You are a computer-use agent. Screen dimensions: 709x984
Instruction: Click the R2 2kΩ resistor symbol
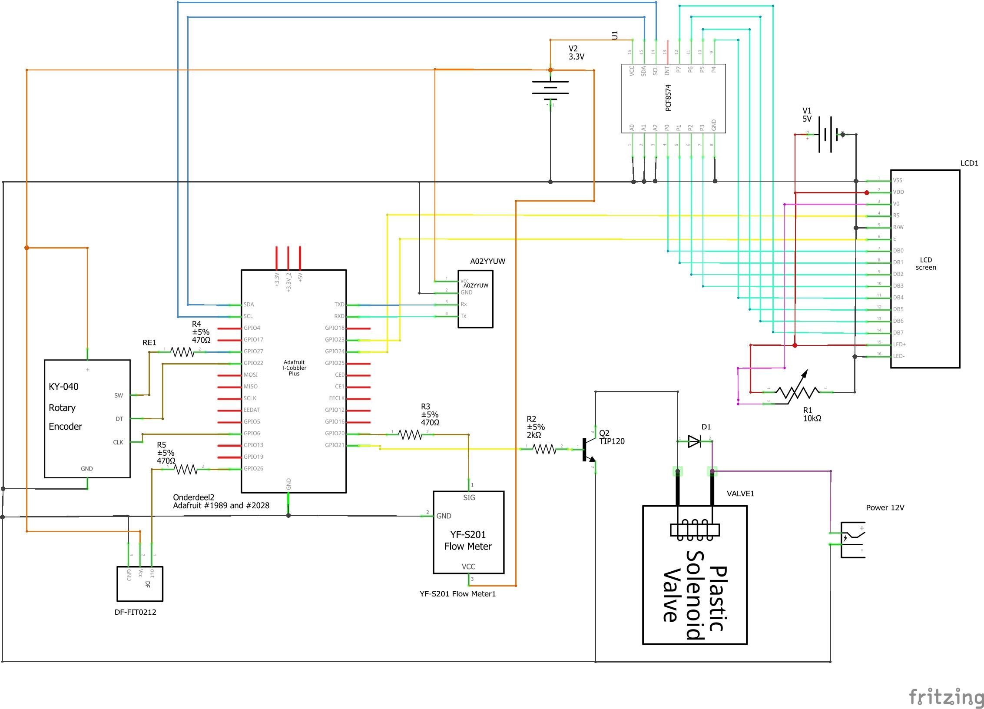point(544,449)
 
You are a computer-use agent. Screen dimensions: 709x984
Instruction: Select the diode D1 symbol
point(694,442)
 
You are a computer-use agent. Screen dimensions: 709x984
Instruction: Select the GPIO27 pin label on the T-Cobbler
point(253,351)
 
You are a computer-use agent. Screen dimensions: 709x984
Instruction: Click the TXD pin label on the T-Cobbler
point(339,305)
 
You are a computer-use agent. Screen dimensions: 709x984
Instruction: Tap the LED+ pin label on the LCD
point(899,345)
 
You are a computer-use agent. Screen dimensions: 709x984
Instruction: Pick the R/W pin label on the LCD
point(898,227)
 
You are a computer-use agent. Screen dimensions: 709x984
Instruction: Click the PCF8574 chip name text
point(668,98)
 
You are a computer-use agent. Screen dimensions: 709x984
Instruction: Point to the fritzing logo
point(946,697)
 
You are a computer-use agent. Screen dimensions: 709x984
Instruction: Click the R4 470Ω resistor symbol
point(182,352)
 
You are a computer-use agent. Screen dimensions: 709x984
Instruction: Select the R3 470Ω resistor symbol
point(410,434)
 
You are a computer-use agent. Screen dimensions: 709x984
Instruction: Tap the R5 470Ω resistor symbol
point(186,469)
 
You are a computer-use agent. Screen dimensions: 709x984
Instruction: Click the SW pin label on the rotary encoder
point(119,395)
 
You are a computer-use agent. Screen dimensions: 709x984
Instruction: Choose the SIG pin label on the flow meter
point(469,498)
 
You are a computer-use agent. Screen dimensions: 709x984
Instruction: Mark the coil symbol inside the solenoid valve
point(695,530)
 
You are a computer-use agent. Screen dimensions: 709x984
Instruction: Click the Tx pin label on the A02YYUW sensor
point(463,316)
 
